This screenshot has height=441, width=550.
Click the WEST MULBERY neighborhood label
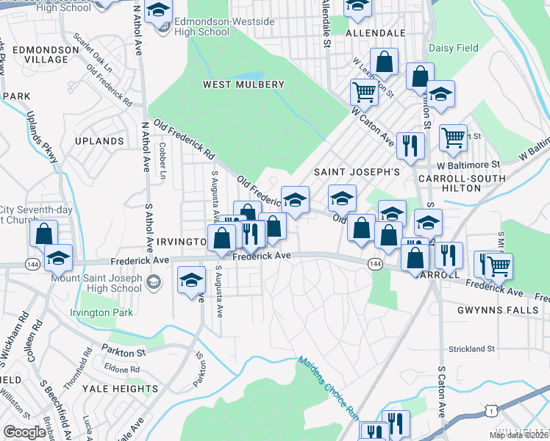[x=243, y=85]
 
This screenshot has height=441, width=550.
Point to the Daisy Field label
[x=453, y=49]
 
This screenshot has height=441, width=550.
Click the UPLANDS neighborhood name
[x=99, y=141]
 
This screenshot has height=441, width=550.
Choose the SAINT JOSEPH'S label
[x=357, y=172]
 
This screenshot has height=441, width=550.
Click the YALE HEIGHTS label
[x=120, y=388]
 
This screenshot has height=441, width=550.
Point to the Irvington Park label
[x=101, y=312]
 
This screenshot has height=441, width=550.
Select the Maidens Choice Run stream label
[x=329, y=388]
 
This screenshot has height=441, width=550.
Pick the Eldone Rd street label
[x=122, y=369]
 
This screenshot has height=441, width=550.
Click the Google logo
[x=24, y=432]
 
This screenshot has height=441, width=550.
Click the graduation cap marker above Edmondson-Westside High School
[x=157, y=12]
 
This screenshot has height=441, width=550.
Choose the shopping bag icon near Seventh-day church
[x=44, y=233]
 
